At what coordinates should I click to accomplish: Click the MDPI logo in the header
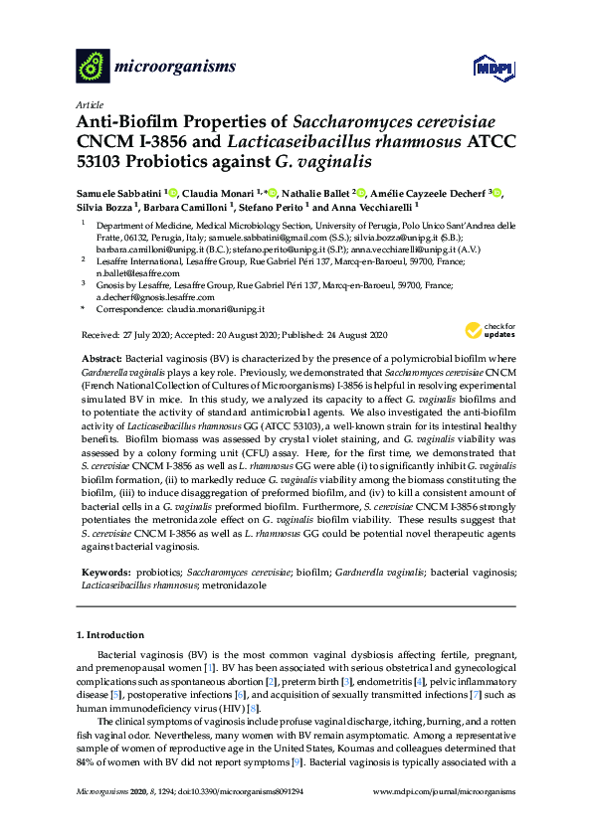[x=485, y=67]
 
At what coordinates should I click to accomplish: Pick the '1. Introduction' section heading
[x=109, y=634]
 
